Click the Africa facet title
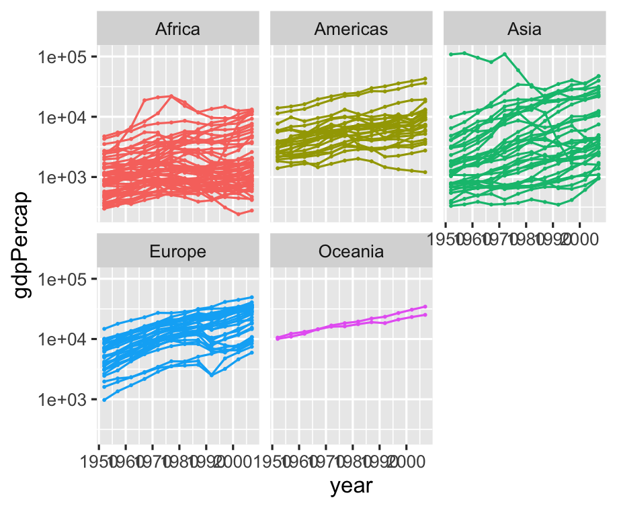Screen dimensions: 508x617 [x=177, y=29]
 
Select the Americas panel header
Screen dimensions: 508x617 [x=351, y=29]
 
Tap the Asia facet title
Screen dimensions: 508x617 [x=524, y=29]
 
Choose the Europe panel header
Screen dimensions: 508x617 [x=177, y=252]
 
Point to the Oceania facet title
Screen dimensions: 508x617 [x=351, y=252]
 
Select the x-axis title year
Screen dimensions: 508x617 [x=351, y=485]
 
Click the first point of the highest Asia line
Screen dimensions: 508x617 [x=451, y=54]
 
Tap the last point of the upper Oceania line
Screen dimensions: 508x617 [x=425, y=306]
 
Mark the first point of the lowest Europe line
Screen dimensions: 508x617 [x=104, y=400]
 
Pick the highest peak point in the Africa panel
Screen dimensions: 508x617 [x=171, y=96]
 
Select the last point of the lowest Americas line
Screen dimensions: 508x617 [x=425, y=173]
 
